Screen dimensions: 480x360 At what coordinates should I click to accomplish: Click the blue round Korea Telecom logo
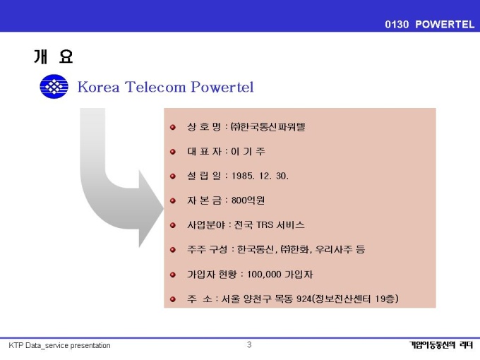pos(54,87)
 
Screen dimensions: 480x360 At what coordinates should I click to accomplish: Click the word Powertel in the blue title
pos(222,87)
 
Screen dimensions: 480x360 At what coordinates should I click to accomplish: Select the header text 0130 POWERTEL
pos(429,24)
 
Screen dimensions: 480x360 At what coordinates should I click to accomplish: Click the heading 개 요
pos(53,56)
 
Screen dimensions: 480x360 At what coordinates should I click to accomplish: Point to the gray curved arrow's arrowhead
pos(152,208)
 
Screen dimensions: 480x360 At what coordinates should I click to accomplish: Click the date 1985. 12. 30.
pos(260,176)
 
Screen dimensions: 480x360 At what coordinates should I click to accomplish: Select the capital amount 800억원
pos(248,200)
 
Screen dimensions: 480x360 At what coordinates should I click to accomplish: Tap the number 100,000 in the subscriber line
pos(264,275)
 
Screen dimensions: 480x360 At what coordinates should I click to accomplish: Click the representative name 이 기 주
pos(248,152)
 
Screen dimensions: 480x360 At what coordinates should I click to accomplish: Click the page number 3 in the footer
pos(249,344)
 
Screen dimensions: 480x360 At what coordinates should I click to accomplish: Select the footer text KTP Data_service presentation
pos(59,346)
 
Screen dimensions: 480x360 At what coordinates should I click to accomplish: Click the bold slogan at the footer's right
pos(440,345)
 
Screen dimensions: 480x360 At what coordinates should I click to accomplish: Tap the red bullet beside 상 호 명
pos(173,127)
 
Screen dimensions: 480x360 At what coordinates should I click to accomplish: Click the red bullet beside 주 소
pos(173,299)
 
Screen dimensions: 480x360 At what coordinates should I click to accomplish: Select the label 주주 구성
pos(208,249)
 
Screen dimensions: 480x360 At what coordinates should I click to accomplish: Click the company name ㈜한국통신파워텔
pos(268,127)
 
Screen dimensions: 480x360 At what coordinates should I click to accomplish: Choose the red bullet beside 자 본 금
pos(173,200)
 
